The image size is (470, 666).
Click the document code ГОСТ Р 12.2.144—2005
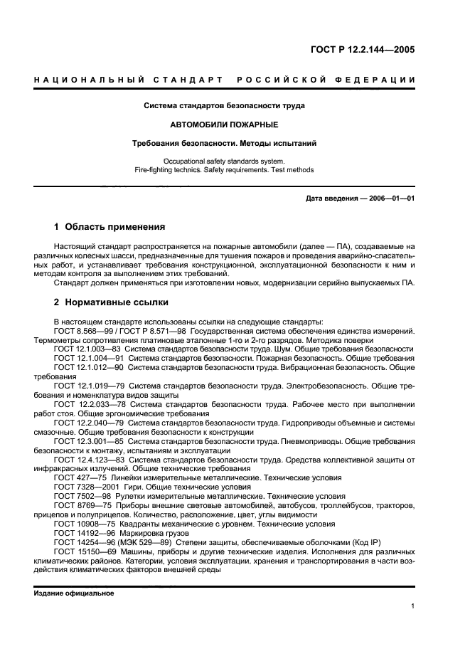[x=363, y=50]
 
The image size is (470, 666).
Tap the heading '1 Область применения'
[x=110, y=227]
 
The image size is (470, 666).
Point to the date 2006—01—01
[x=388, y=199]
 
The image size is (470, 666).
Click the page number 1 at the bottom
[x=412, y=606]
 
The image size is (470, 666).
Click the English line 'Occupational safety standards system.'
[x=224, y=161]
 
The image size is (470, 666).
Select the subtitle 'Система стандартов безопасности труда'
[x=224, y=106]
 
